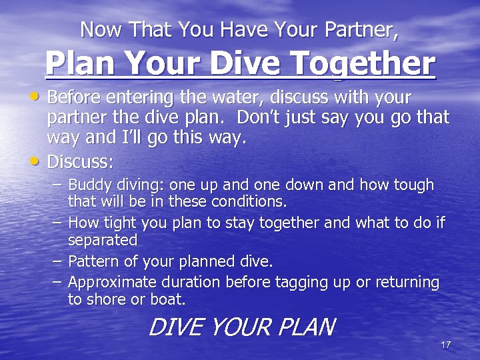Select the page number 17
point(446,344)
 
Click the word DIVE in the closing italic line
point(173,327)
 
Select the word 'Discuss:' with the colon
point(81,162)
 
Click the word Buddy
point(89,185)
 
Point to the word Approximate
point(111,283)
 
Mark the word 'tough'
point(411,185)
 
